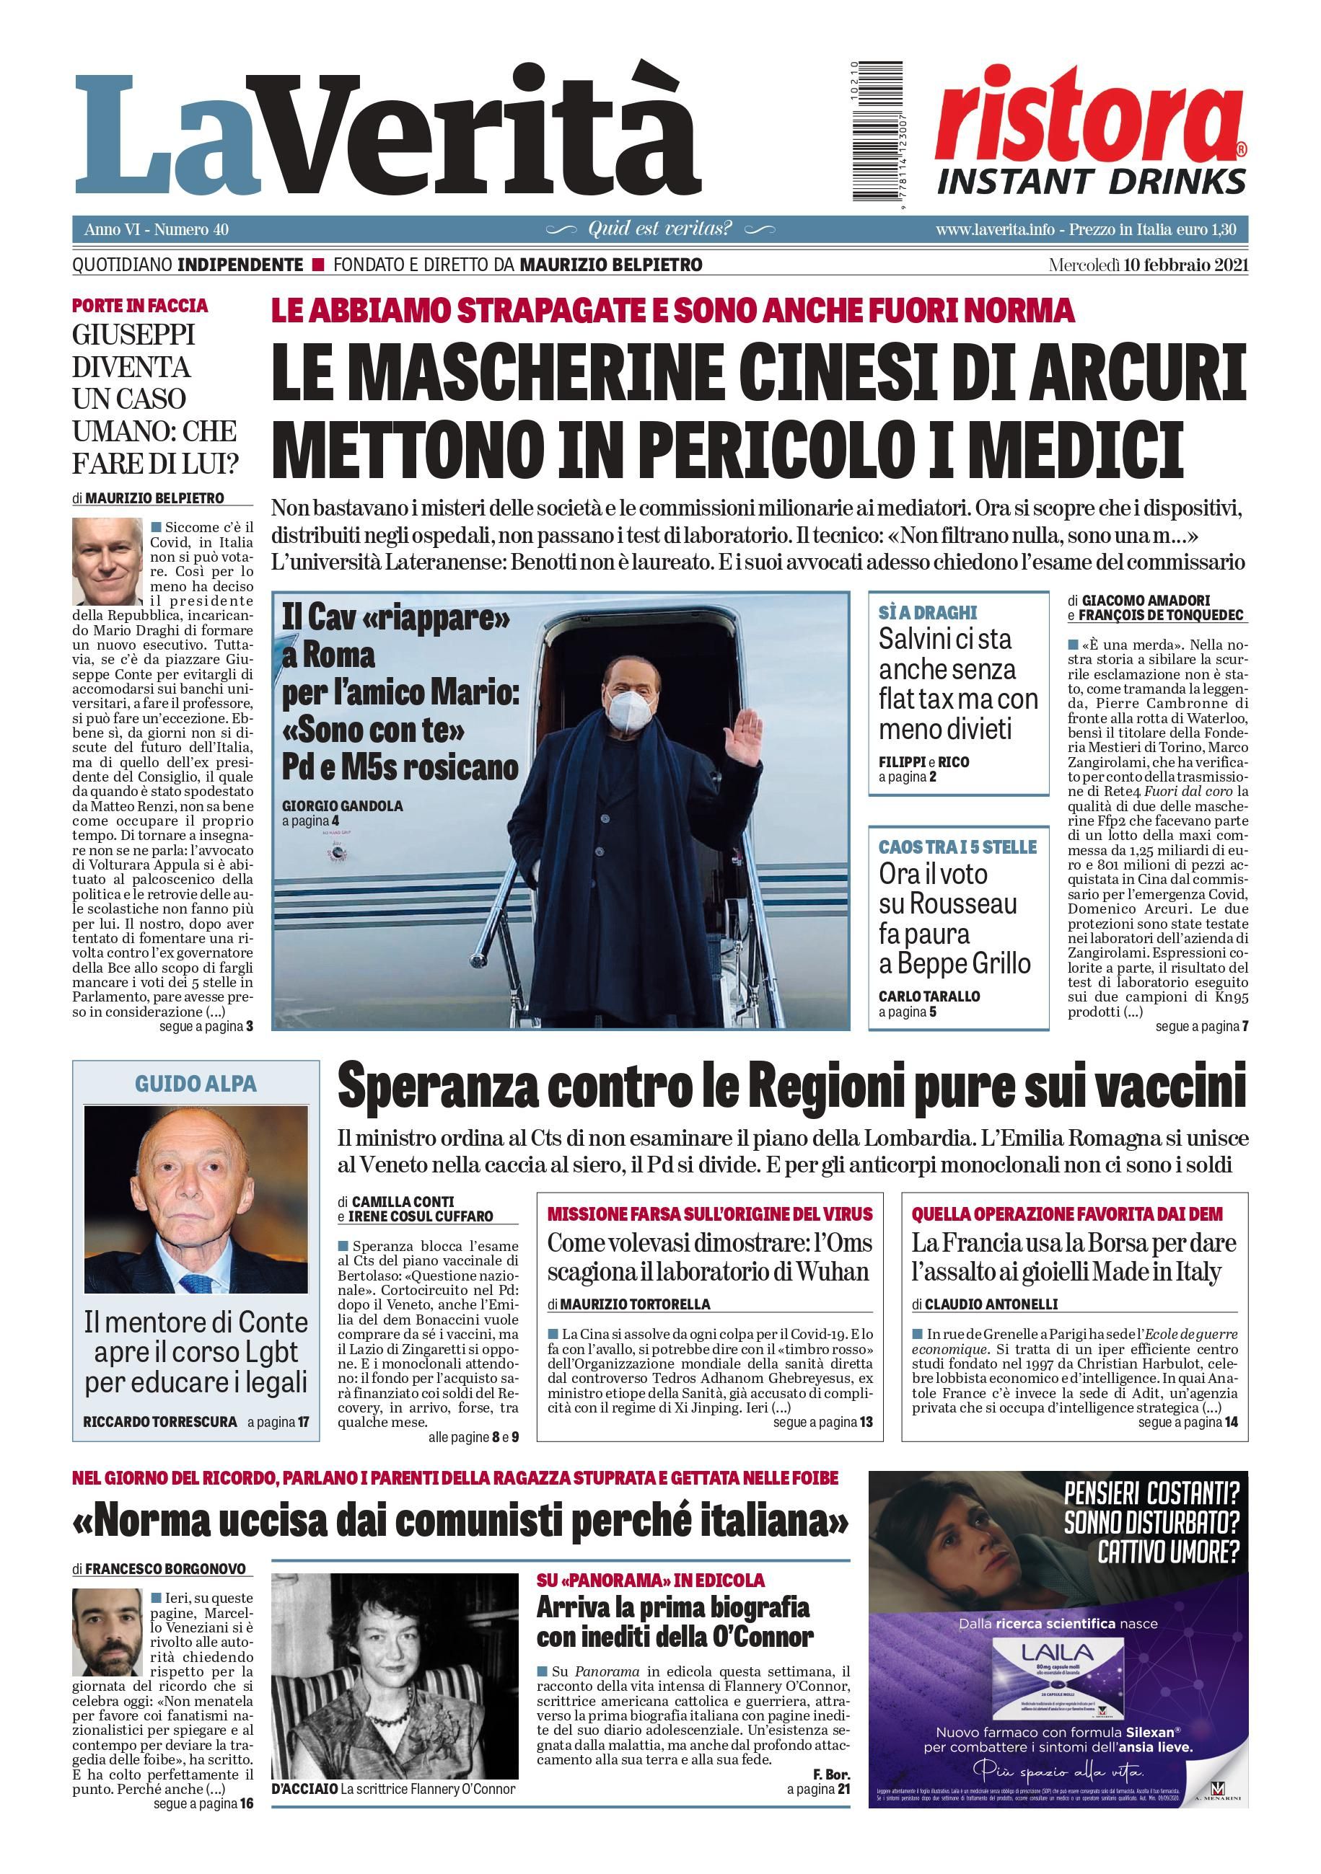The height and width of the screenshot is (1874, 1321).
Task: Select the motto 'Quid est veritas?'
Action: coord(659,229)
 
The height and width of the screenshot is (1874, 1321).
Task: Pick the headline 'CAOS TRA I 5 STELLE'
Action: coord(957,847)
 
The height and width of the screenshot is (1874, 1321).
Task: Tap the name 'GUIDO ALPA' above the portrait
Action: coord(196,1084)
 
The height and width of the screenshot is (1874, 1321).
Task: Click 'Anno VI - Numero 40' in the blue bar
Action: coord(156,229)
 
